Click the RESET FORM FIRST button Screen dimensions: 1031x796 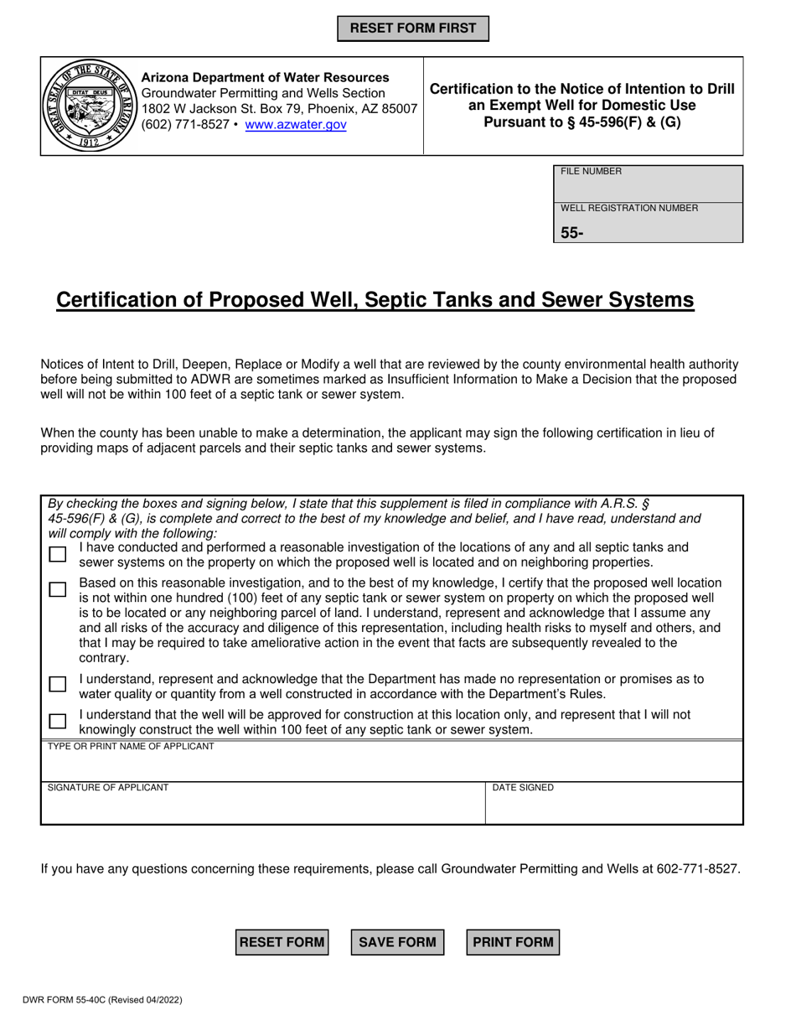412,28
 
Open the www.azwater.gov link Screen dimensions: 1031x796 296,124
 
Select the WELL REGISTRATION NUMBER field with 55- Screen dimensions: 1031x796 648,233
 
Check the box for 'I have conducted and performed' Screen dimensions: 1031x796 58,555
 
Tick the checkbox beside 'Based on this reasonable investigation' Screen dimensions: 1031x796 58,589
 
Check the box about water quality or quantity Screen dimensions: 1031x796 58,685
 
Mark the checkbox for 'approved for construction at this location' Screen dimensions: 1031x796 58,721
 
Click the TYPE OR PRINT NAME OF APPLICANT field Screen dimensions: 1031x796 391,766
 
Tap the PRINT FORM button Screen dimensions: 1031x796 513,942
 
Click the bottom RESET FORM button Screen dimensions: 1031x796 282,942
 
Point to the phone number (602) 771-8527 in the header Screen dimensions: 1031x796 184,124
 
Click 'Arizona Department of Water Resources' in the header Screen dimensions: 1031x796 266,77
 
